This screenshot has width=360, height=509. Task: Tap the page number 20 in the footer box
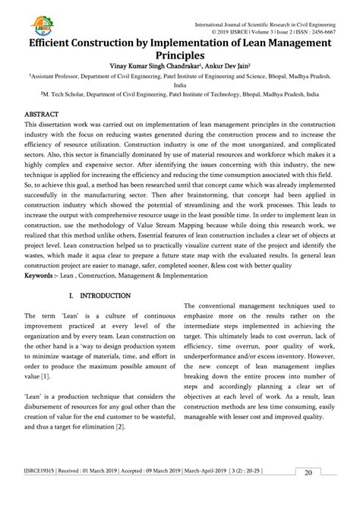click(309, 494)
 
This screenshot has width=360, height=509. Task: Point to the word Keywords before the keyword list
click(43, 288)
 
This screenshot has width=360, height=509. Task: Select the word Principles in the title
click(180, 56)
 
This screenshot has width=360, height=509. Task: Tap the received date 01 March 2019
click(101, 492)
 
